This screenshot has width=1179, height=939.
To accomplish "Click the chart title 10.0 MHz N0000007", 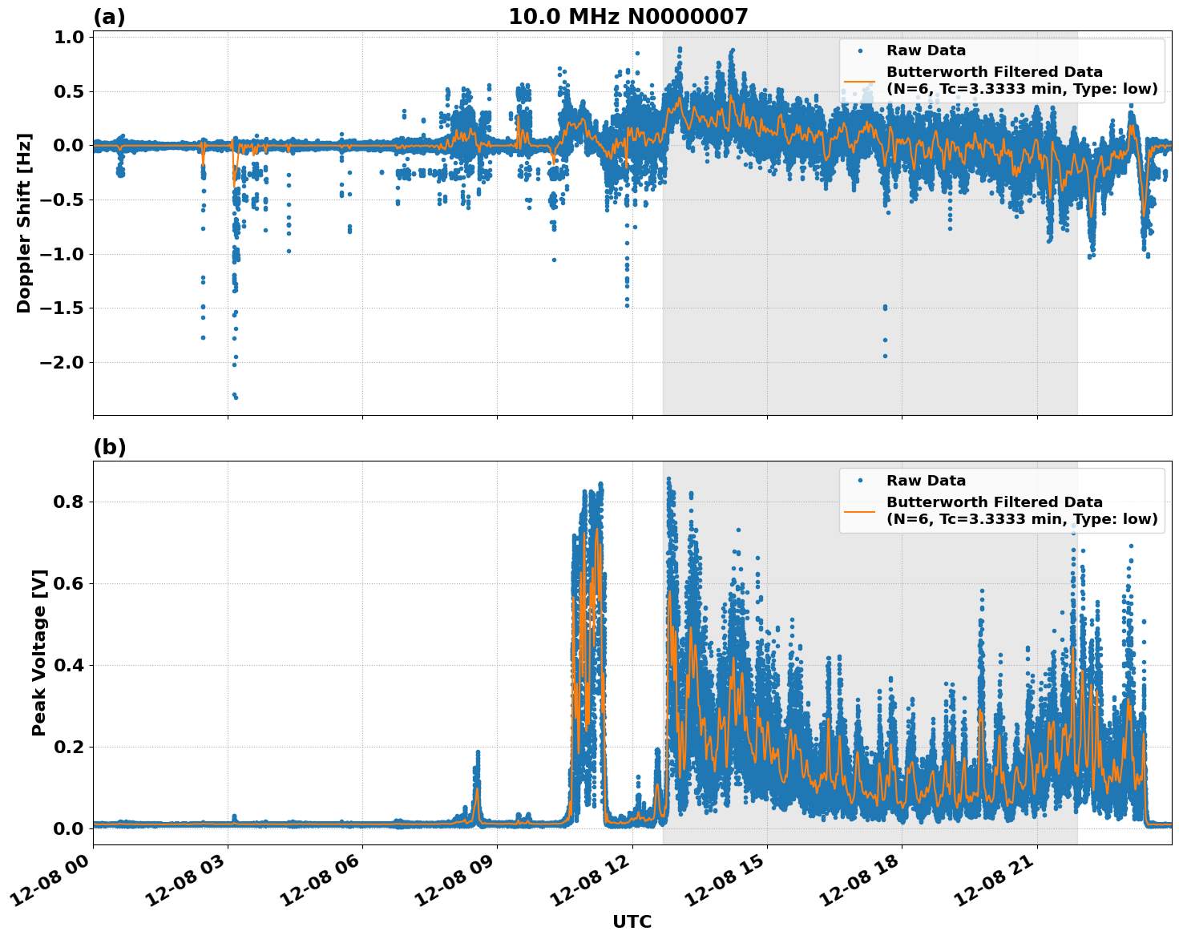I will click(x=628, y=17).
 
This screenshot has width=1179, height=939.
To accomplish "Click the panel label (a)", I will click(x=109, y=17).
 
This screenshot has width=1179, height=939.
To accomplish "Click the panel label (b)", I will click(x=109, y=447).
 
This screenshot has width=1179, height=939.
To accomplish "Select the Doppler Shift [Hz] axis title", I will click(x=24, y=223).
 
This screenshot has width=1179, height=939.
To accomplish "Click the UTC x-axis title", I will click(x=632, y=921).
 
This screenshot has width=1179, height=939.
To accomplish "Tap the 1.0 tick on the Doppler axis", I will click(x=69, y=37).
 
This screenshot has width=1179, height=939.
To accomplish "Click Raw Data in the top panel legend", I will click(x=926, y=50).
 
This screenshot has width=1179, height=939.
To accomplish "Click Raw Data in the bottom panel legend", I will click(x=926, y=481).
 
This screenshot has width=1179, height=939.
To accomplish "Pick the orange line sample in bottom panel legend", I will click(x=859, y=510).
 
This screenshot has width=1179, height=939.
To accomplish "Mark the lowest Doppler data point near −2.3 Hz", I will click(x=236, y=397).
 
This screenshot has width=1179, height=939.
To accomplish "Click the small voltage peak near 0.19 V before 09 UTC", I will click(x=478, y=752).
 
